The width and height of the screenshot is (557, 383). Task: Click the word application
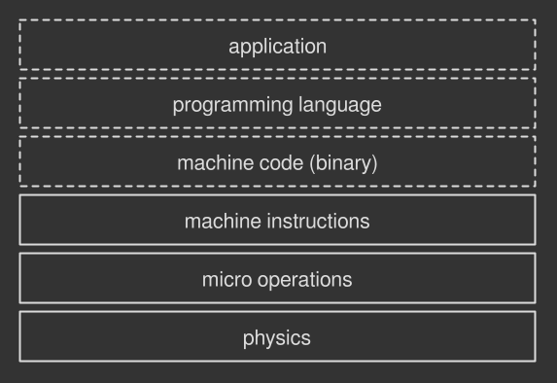pos(277,46)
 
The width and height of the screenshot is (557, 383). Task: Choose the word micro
pos(226,280)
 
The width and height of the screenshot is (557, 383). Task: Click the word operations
pos(303,280)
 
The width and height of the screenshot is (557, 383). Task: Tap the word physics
pos(277,338)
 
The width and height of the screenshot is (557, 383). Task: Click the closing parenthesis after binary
pos(374,162)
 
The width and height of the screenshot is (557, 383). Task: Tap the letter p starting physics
pos(248,339)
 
